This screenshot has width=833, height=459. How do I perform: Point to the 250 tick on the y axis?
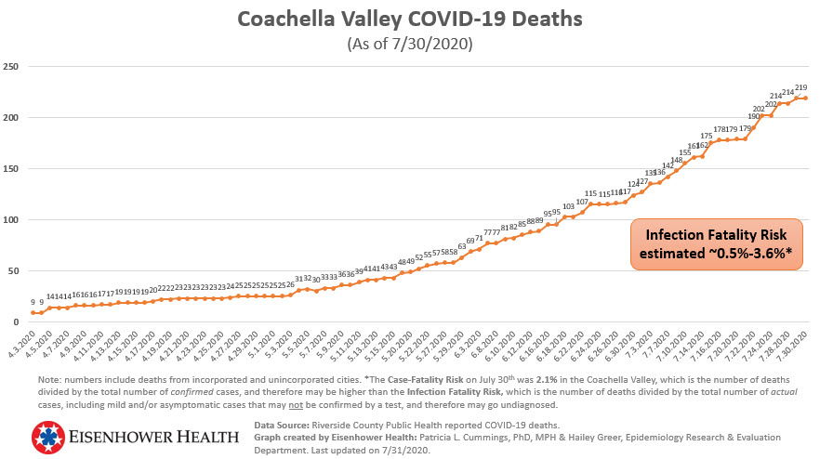[11, 67]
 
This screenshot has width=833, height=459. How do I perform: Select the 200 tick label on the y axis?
[11, 118]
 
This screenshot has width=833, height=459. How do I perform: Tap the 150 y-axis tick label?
[11, 169]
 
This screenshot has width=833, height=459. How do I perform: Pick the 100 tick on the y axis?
[11, 220]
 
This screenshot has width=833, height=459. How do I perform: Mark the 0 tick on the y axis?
[16, 322]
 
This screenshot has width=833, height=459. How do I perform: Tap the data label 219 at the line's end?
[800, 87]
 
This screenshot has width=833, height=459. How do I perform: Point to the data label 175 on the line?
[707, 136]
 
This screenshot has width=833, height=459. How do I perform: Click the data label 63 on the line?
[461, 246]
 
